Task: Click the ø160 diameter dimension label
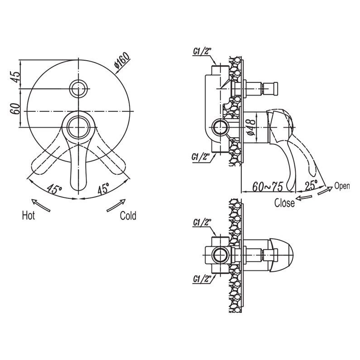tap(122, 61)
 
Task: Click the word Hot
tap(29, 216)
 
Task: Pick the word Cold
tap(128, 216)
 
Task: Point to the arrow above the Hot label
tap(41, 205)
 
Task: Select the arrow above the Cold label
tap(116, 205)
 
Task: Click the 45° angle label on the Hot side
tap(54, 189)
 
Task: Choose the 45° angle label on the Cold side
tap(103, 188)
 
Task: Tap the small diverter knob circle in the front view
tap(79, 88)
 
